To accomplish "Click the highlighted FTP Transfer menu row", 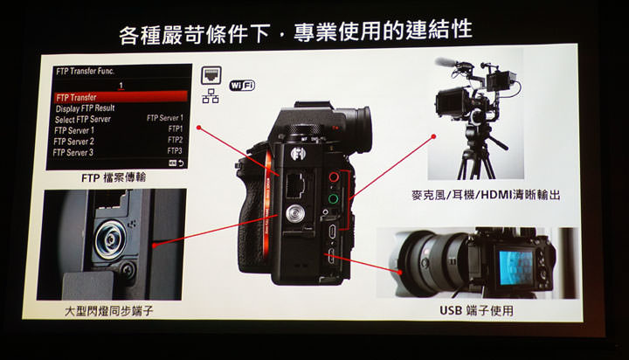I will click(x=120, y=96).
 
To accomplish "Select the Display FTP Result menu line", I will click(x=86, y=107).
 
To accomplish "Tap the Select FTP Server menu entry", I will click(x=84, y=118).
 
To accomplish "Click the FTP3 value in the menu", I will click(x=175, y=151).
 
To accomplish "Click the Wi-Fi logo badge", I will click(x=243, y=85).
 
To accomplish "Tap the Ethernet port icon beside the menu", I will click(x=210, y=75).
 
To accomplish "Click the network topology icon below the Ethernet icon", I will click(x=210, y=96).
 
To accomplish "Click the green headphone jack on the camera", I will click(x=334, y=199).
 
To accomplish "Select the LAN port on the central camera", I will click(x=291, y=181).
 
